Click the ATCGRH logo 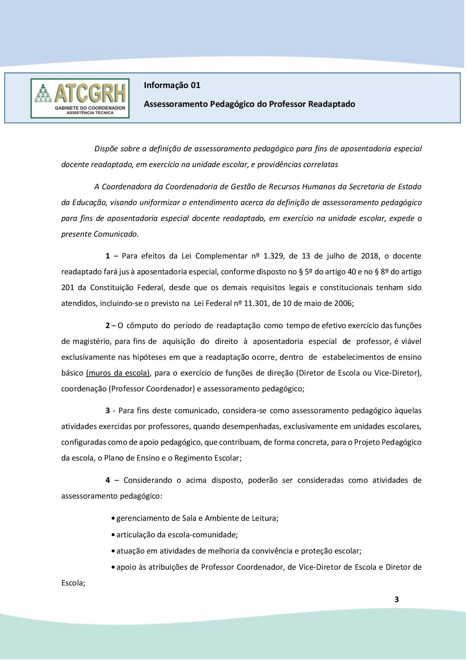pos(80,98)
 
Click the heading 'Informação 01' pos(172,85)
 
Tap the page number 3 pos(396,599)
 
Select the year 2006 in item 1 pos(343,303)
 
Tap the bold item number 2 pos(107,325)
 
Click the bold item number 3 pos(107,410)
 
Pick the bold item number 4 pos(107,480)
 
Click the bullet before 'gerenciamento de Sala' pos(113,519)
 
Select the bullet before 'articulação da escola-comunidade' pos(113,535)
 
